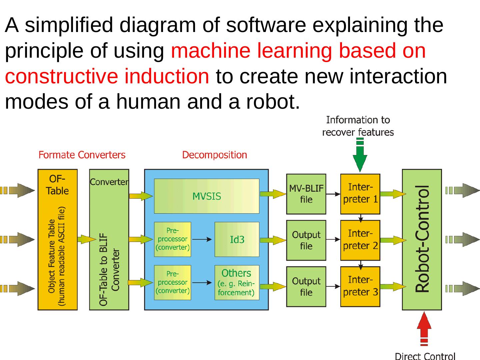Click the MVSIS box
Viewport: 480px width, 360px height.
(x=206, y=196)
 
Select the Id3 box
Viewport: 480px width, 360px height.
(x=237, y=239)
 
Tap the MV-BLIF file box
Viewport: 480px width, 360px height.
(x=306, y=194)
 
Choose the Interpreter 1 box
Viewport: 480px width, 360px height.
(x=360, y=194)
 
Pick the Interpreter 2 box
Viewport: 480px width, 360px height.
(x=360, y=240)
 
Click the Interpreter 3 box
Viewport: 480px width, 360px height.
(x=360, y=286)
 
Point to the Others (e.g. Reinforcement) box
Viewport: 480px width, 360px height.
(x=237, y=282)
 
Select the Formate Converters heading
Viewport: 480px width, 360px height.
(x=82, y=155)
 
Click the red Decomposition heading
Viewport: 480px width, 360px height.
(x=214, y=155)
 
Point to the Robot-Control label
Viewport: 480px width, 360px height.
(x=423, y=239)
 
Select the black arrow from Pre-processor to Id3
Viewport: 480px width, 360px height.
(x=202, y=239)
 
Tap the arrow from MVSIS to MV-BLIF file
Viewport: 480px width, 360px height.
(x=272, y=194)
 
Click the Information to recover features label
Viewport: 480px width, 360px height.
(x=358, y=126)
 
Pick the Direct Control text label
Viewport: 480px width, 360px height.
(x=425, y=356)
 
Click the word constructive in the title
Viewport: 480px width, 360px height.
(x=61, y=76)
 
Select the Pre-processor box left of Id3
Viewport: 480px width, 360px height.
(x=172, y=239)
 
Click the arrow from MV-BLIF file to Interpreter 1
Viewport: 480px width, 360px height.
(x=333, y=194)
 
